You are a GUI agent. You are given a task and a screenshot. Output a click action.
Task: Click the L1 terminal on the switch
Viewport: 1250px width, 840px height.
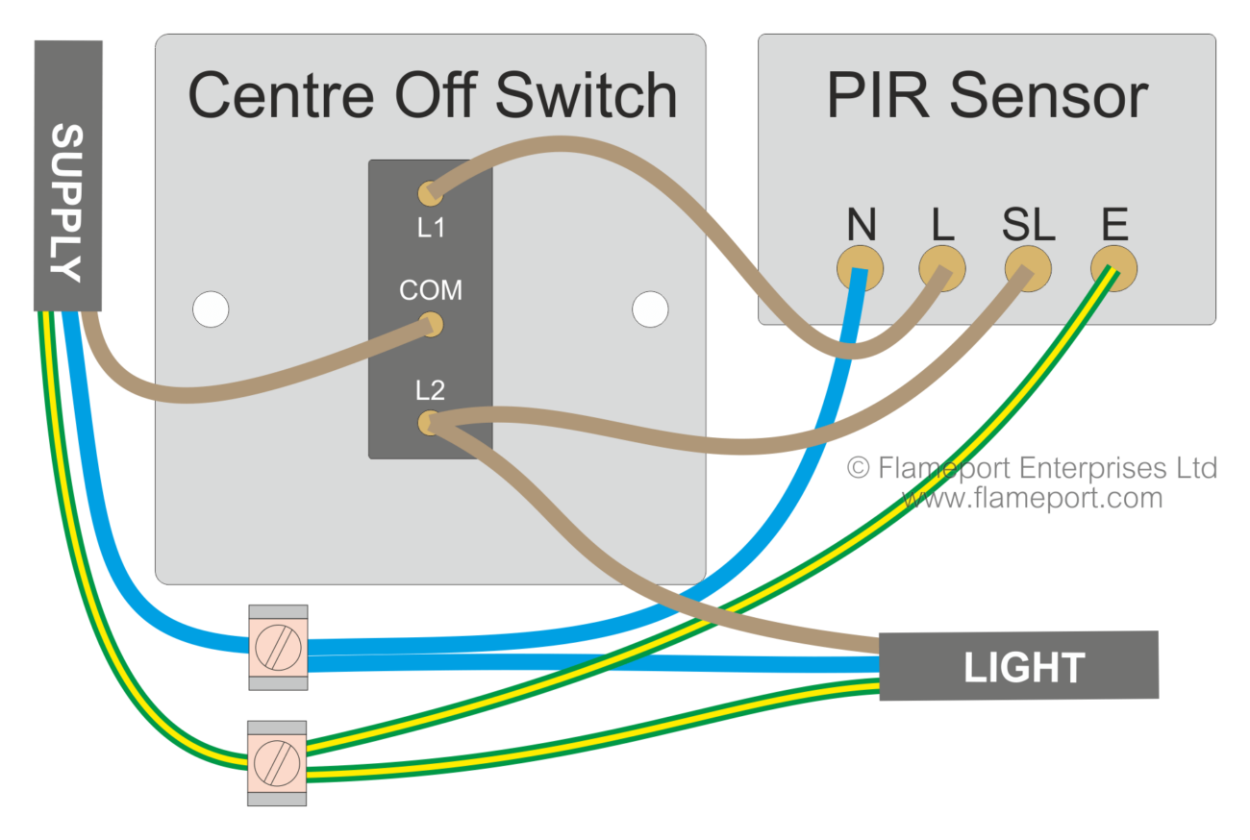tap(430, 193)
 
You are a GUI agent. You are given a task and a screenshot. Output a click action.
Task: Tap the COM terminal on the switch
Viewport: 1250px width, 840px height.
tap(432, 325)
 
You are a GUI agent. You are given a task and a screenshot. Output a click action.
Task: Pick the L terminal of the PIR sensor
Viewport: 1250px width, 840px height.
tap(941, 266)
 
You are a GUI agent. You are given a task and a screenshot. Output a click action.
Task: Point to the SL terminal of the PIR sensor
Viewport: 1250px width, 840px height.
tap(1026, 266)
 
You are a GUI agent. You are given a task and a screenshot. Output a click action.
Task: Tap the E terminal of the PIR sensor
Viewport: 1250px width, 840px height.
tap(1113, 265)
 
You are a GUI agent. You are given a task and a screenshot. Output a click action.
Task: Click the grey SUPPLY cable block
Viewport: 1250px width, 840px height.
tap(67, 176)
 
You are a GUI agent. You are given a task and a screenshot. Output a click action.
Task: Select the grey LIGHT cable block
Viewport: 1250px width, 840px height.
tap(1018, 665)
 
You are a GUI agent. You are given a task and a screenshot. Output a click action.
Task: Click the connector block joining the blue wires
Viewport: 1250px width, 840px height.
tap(278, 647)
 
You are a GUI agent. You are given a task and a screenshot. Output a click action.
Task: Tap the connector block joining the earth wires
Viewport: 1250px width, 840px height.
tap(277, 763)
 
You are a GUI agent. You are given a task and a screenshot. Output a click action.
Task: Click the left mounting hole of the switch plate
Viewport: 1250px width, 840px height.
tap(211, 309)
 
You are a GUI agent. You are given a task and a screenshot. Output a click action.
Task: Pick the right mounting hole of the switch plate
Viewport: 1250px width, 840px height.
tap(650, 309)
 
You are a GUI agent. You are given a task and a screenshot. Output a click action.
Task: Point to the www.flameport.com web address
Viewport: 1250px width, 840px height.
tap(1032, 499)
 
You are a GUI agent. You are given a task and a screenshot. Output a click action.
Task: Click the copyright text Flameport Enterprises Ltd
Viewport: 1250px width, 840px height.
tap(1032, 468)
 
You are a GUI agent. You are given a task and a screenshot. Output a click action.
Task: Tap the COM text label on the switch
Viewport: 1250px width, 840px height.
tap(431, 290)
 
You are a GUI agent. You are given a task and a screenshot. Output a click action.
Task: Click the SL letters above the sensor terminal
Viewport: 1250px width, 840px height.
tap(1028, 225)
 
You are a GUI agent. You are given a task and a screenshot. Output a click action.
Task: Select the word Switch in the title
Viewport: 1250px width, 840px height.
tap(587, 96)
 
